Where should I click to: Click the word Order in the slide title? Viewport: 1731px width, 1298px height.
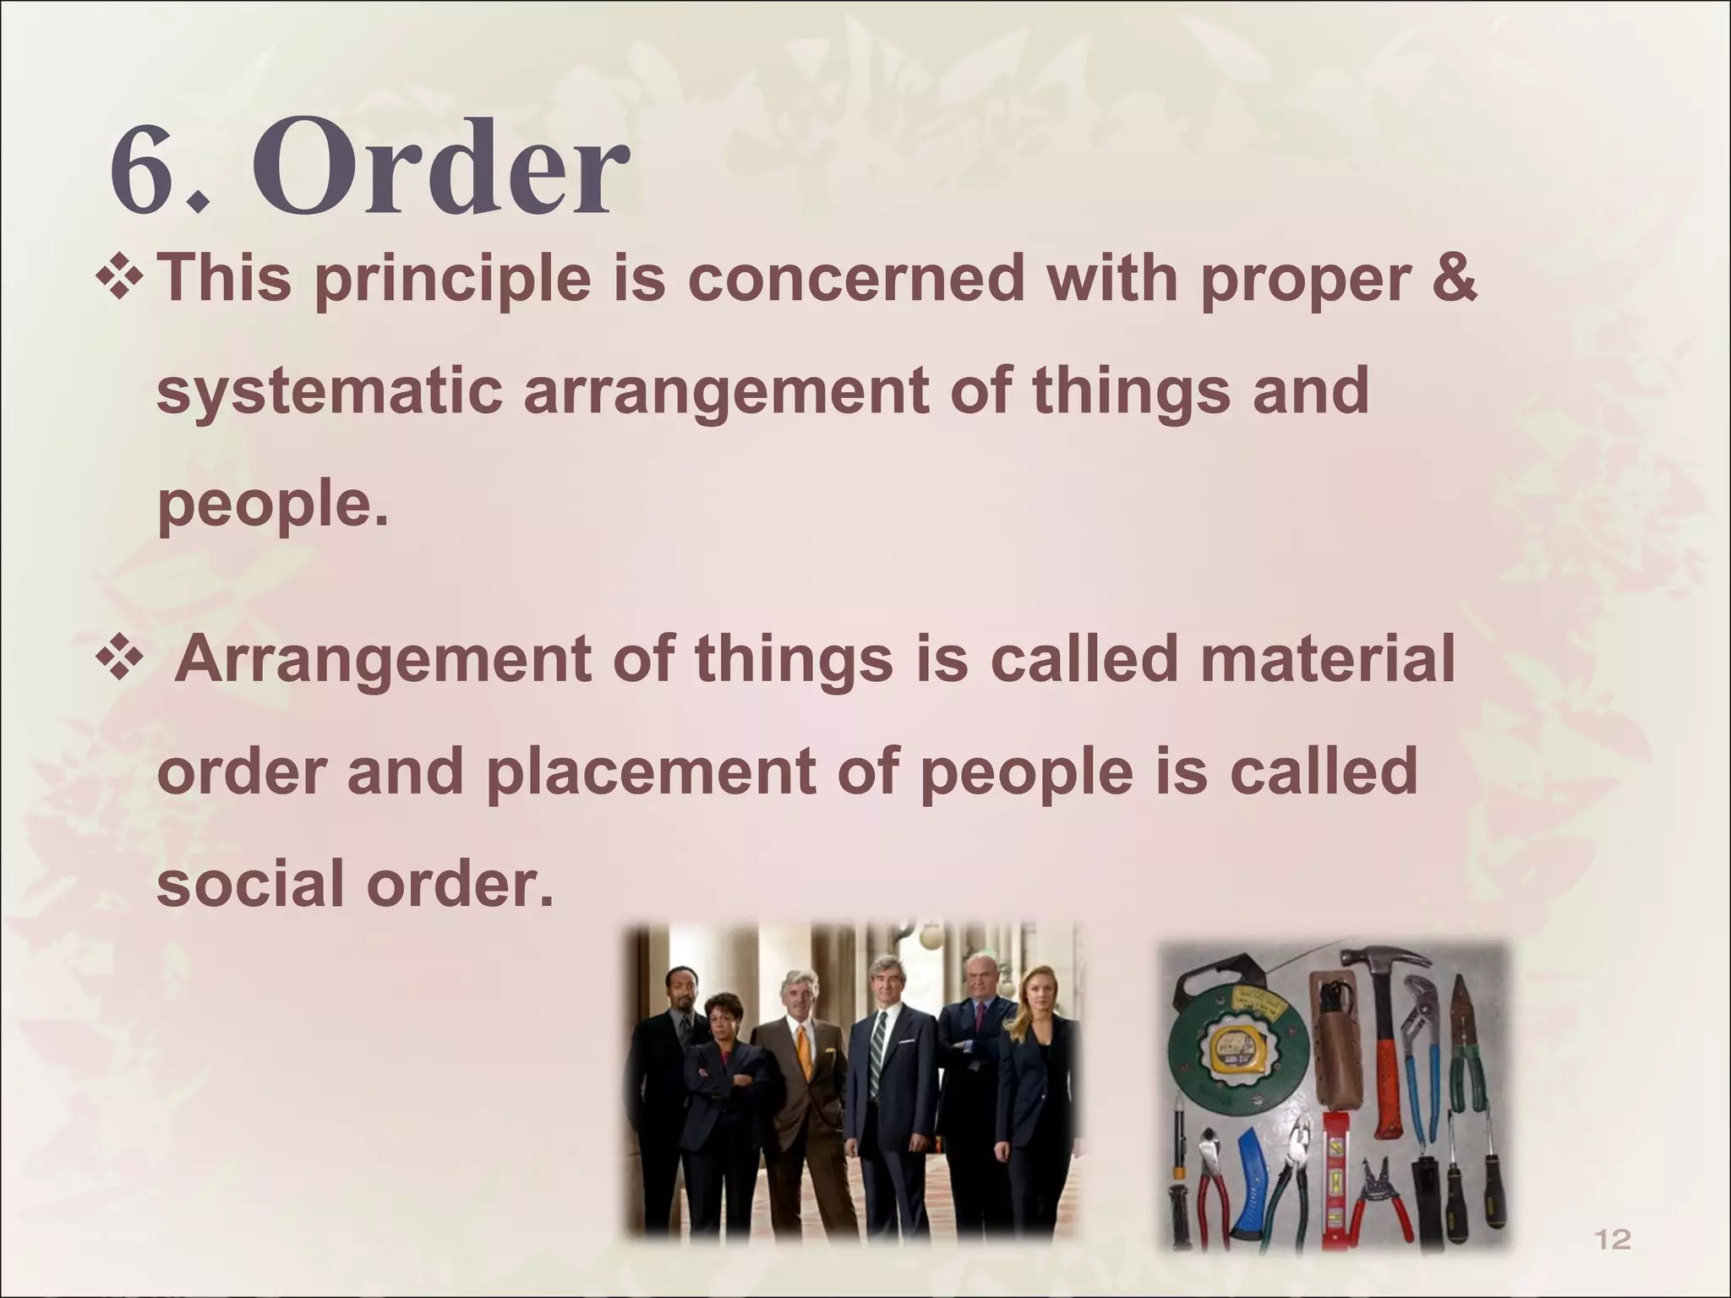pos(440,169)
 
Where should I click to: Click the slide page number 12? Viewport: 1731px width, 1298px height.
pos(1611,1241)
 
